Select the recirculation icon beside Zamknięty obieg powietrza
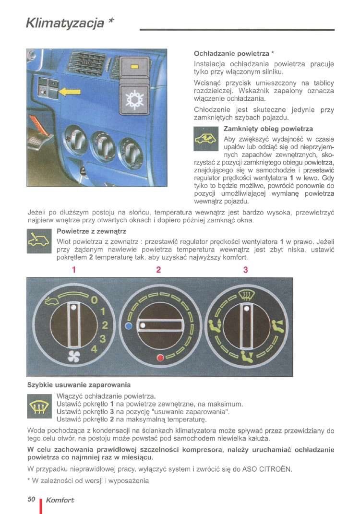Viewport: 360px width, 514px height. tap(205, 140)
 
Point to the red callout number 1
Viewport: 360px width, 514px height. tap(74, 270)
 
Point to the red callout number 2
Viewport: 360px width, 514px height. tap(158, 270)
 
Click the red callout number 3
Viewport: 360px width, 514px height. tap(245, 270)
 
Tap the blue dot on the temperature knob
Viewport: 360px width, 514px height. tap(128, 325)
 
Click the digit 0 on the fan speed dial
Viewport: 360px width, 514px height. tap(95, 300)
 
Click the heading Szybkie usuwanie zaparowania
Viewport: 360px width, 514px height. tap(79, 384)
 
